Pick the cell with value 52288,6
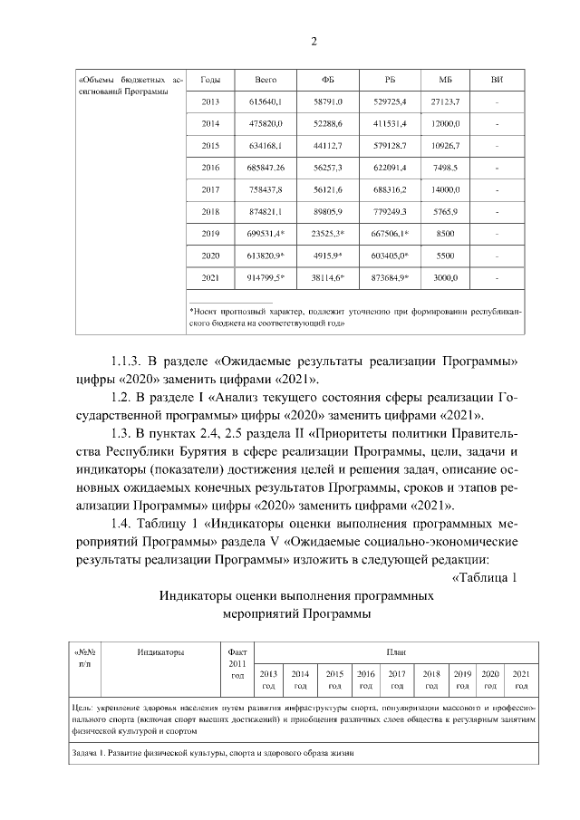pyautogui.click(x=327, y=122)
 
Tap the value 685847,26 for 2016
pyautogui.click(x=266, y=168)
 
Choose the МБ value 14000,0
pyautogui.click(x=445, y=189)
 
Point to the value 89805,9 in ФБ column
pyautogui.click(x=327, y=212)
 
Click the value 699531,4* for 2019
pyautogui.click(x=266, y=234)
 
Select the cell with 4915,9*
pyautogui.click(x=327, y=256)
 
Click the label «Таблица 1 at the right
pyautogui.click(x=484, y=579)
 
